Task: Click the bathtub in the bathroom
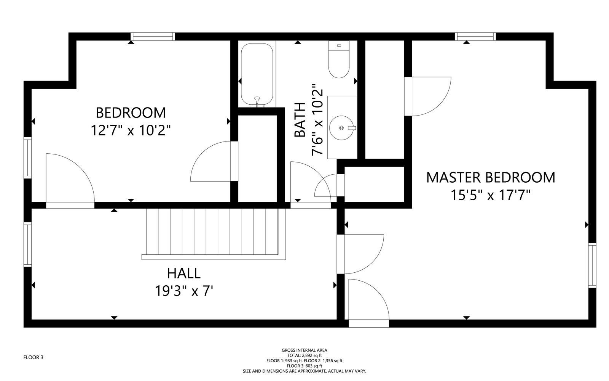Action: click(257, 74)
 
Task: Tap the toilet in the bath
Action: click(339, 59)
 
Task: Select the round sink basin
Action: click(342, 127)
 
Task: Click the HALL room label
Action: click(184, 273)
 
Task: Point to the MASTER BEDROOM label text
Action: click(491, 178)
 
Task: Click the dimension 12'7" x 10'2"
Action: click(131, 130)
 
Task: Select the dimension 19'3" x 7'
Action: click(184, 291)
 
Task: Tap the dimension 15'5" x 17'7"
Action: click(491, 195)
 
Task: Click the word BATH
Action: click(300, 120)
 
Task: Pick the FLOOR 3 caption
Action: click(33, 358)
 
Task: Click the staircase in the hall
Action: click(214, 234)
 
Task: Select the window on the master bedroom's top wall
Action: click(475, 37)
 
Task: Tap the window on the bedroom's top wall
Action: click(153, 37)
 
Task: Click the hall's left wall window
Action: click(27, 244)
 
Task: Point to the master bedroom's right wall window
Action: click(592, 265)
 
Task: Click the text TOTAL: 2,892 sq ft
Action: click(304, 355)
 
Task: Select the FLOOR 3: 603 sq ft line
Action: click(304, 366)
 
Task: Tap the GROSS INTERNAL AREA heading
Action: click(304, 350)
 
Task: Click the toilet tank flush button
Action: click(339, 45)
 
